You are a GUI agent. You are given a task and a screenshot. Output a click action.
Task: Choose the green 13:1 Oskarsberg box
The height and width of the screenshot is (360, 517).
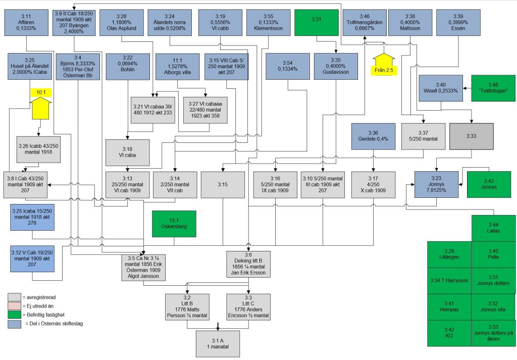(x=174, y=223)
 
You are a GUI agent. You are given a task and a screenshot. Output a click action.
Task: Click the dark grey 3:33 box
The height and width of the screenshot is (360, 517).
(x=471, y=136)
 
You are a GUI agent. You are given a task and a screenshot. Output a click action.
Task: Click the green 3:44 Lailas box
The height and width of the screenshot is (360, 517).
(x=493, y=227)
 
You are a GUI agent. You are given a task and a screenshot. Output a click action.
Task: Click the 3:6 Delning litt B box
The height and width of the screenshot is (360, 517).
(x=248, y=263)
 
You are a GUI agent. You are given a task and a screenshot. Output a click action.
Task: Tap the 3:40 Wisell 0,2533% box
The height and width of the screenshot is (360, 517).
(x=441, y=88)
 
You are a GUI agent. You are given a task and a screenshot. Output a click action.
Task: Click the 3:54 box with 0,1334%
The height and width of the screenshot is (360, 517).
(x=287, y=66)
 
